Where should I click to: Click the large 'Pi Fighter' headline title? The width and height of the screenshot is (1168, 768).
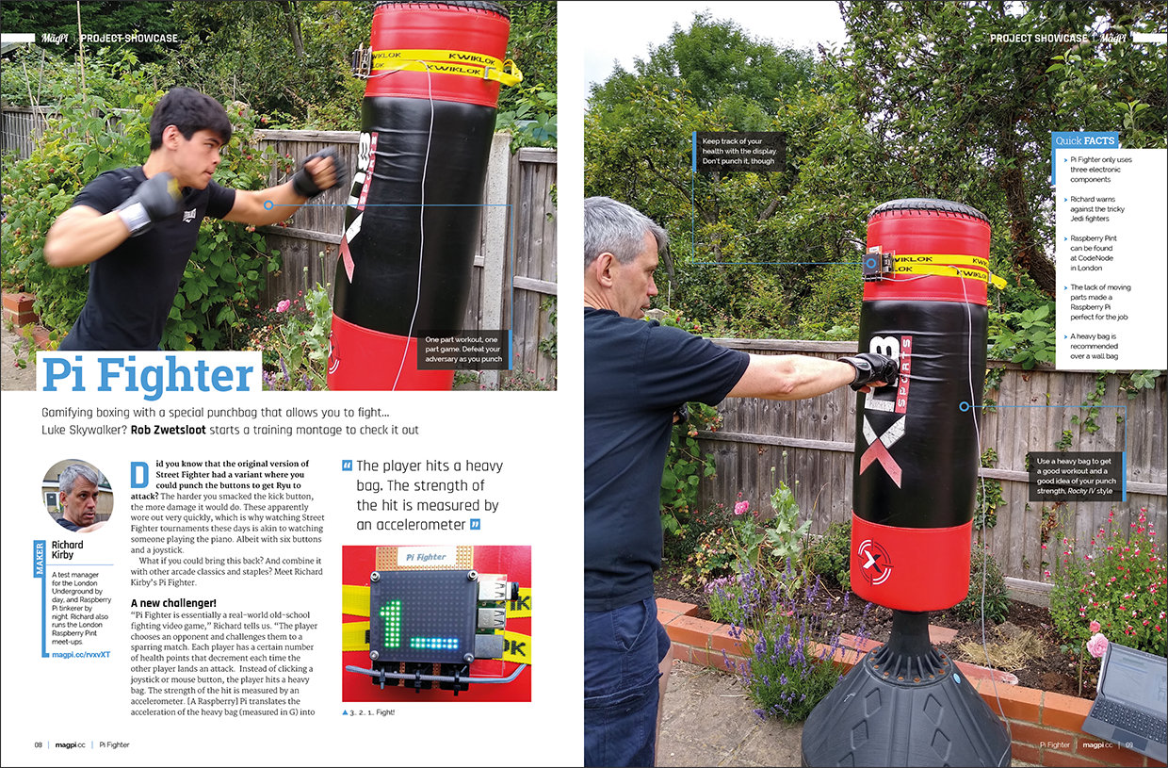pos(148,375)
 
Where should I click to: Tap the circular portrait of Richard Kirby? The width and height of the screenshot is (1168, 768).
pos(77,496)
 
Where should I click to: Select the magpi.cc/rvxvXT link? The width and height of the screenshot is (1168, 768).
pos(81,654)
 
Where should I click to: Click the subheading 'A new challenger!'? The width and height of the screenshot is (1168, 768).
pos(173,603)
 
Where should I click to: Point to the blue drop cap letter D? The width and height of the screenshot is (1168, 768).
pos(139,475)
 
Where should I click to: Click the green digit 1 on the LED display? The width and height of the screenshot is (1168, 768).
pos(391,625)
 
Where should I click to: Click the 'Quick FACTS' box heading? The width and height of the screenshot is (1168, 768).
pos(1084,140)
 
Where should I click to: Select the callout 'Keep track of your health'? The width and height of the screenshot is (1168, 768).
pos(739,152)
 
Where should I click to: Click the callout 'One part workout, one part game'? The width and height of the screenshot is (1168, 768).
pos(463,349)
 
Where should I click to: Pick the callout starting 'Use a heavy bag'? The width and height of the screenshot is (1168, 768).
pos(1077,476)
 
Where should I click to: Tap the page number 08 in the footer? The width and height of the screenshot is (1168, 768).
pos(38,744)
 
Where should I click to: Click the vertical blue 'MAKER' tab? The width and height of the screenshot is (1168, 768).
pos(40,559)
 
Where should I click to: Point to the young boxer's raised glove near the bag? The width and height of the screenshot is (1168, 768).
pos(317,172)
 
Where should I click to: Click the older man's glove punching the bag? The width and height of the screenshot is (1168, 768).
pos(870,371)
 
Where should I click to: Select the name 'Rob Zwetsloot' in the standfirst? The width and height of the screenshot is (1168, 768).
pos(169,430)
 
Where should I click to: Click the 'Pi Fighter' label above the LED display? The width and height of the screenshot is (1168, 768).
pos(426,557)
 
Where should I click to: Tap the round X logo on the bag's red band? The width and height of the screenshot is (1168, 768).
pos(875,562)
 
